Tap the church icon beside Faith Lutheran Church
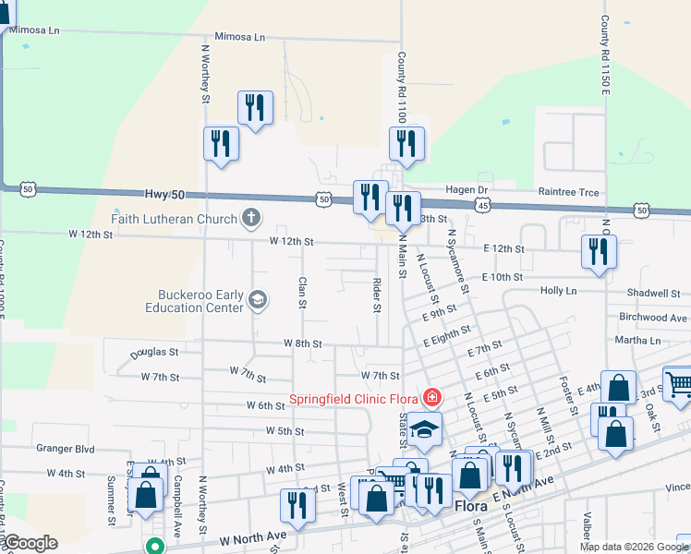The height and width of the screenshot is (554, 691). click(x=249, y=219)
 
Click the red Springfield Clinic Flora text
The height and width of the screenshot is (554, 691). click(x=354, y=399)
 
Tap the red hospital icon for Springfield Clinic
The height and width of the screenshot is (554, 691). click(x=430, y=398)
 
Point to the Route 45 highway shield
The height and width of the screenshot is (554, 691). click(x=482, y=205)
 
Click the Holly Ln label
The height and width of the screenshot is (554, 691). click(x=558, y=290)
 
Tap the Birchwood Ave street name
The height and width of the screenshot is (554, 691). click(x=653, y=317)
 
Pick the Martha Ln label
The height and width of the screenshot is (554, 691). click(x=643, y=340)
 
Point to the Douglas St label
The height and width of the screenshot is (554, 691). click(x=154, y=352)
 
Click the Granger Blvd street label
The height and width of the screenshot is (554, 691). click(x=66, y=449)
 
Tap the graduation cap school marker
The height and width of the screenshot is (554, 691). click(x=425, y=429)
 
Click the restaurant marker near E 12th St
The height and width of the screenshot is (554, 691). click(x=599, y=250)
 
